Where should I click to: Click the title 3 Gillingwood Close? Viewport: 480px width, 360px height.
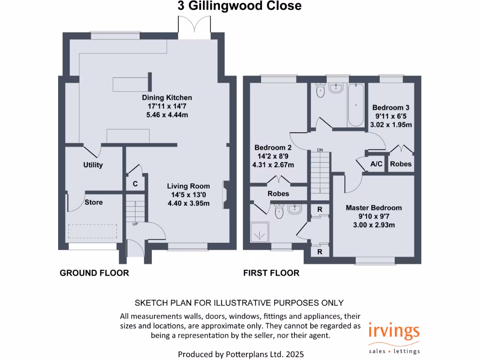(239, 6)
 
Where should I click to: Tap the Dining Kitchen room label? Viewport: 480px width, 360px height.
(167, 97)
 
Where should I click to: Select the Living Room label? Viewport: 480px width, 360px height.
(190, 186)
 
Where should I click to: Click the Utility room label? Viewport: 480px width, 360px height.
(93, 165)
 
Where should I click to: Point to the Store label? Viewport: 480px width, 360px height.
(94, 202)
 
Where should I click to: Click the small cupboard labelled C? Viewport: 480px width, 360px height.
(135, 184)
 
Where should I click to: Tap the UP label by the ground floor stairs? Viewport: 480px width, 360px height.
(136, 224)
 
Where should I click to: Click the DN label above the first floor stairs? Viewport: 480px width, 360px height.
(320, 150)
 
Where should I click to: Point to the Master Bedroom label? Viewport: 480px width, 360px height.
(374, 208)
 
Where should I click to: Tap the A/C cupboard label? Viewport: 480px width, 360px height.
(376, 164)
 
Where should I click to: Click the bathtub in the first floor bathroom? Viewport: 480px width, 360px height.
(355, 105)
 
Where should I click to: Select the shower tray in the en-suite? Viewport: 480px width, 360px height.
(259, 232)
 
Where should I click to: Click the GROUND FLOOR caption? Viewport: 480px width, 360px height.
(94, 273)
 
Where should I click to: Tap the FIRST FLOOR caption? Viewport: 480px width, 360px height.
(271, 273)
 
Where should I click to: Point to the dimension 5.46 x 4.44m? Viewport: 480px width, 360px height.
(167, 114)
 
